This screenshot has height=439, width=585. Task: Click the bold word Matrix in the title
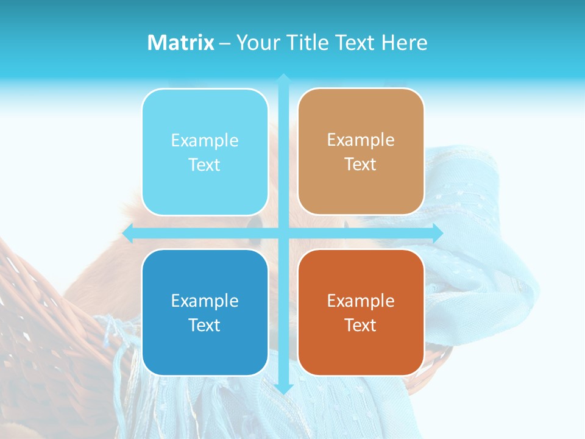click(x=181, y=43)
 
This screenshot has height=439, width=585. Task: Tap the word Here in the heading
click(x=404, y=43)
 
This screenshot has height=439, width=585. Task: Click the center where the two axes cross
click(x=283, y=233)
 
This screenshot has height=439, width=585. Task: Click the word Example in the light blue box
click(x=205, y=141)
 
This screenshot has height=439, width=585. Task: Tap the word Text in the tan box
click(x=361, y=165)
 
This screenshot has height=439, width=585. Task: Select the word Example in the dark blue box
click(x=205, y=301)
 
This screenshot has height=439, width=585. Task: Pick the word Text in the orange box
click(x=361, y=325)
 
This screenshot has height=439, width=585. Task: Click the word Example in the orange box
click(x=361, y=301)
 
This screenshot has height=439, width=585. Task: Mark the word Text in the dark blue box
click(x=205, y=325)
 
